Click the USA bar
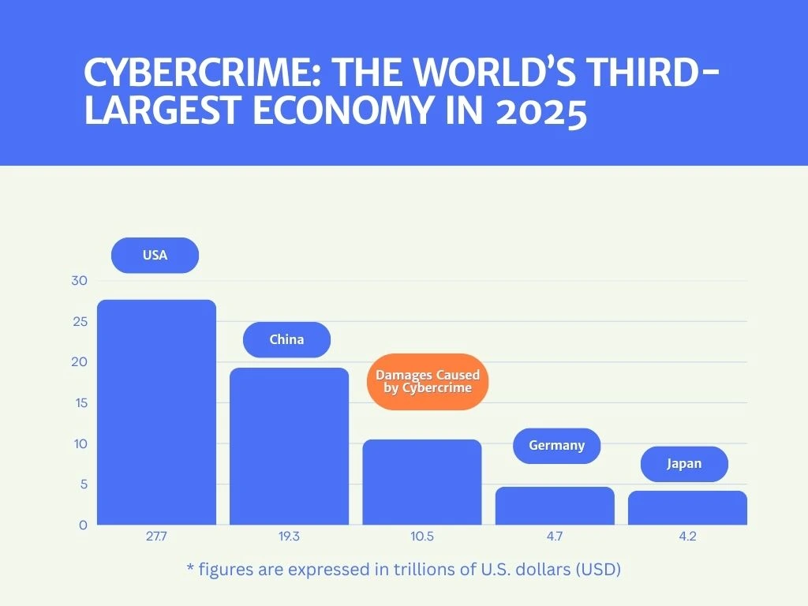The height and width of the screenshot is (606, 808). pyautogui.click(x=156, y=412)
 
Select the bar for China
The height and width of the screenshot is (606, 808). pyautogui.click(x=289, y=446)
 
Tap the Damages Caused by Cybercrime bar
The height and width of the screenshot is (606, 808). pyautogui.click(x=421, y=481)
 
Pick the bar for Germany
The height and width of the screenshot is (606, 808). pyautogui.click(x=554, y=506)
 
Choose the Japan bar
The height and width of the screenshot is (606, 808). pyautogui.click(x=687, y=507)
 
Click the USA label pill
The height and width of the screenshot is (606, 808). pyautogui.click(x=155, y=256)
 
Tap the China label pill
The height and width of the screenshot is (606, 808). pyautogui.click(x=286, y=340)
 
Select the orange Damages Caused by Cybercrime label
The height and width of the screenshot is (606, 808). pyautogui.click(x=428, y=381)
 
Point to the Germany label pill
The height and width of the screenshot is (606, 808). pyautogui.click(x=556, y=446)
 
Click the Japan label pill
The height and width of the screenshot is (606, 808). pyautogui.click(x=684, y=464)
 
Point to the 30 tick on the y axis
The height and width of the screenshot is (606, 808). pyautogui.click(x=80, y=281)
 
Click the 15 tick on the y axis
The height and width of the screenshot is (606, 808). pyautogui.click(x=80, y=403)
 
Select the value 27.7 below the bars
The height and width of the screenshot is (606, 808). pyautogui.click(x=156, y=537)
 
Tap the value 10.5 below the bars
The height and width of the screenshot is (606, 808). pyautogui.click(x=421, y=537)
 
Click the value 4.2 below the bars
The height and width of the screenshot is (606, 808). pyautogui.click(x=687, y=537)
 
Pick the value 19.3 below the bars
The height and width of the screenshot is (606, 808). pyautogui.click(x=289, y=537)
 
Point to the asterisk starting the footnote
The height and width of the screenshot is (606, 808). pyautogui.click(x=190, y=567)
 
